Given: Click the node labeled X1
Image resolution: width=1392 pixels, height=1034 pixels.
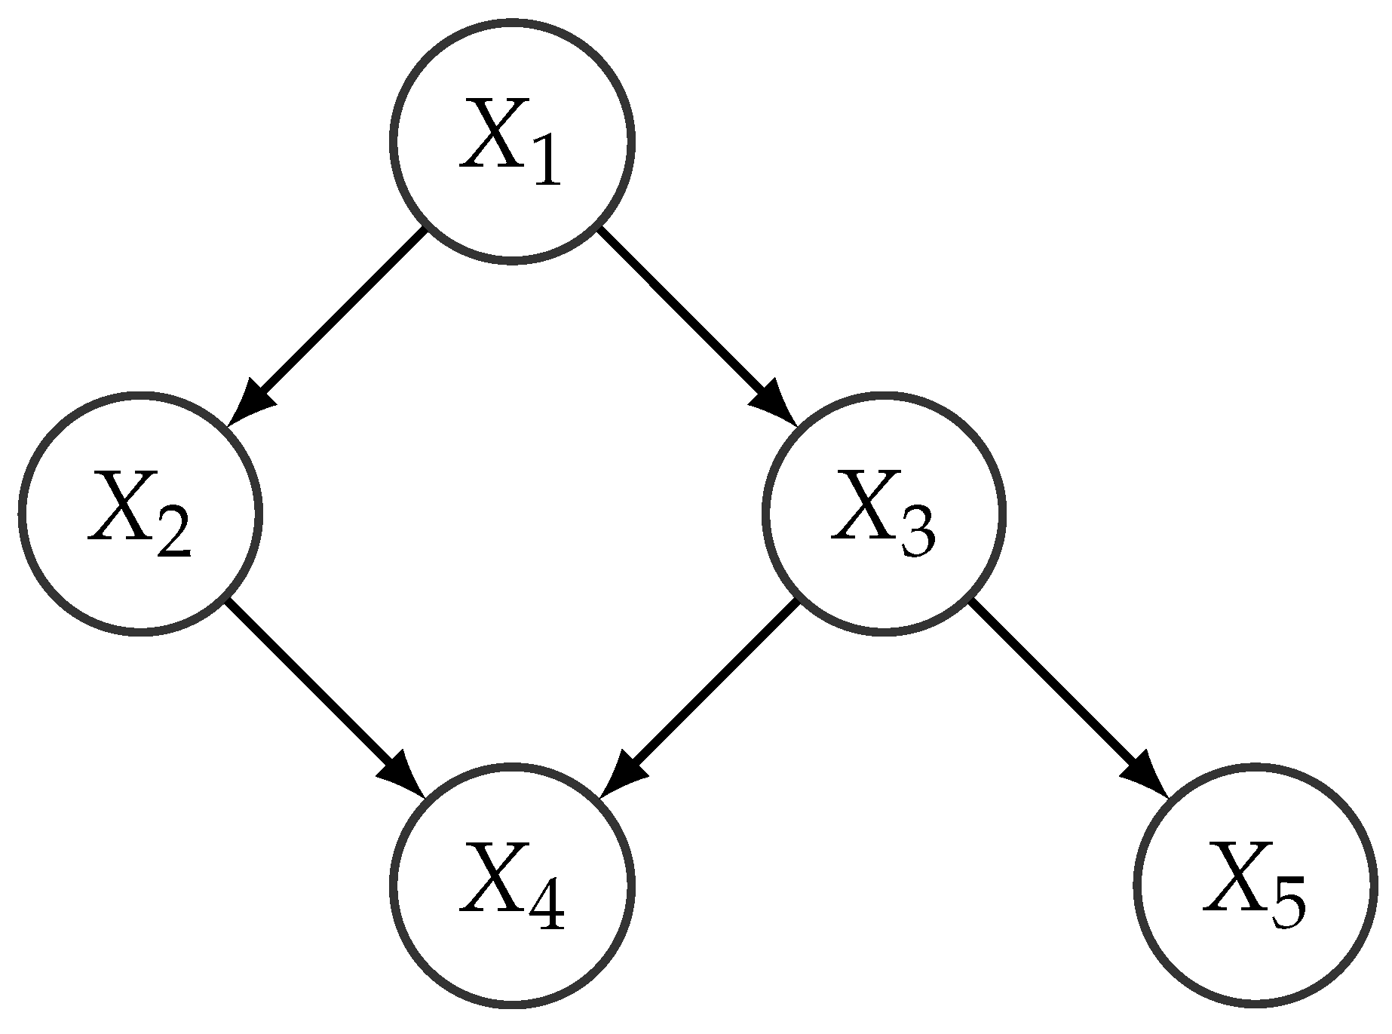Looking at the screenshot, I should coord(512,141).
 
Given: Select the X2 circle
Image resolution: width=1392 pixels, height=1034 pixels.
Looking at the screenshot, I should coord(140,513).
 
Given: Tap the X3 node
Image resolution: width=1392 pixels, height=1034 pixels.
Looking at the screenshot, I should coord(883,513).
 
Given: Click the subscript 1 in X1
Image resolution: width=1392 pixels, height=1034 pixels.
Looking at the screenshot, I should coord(545,162).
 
